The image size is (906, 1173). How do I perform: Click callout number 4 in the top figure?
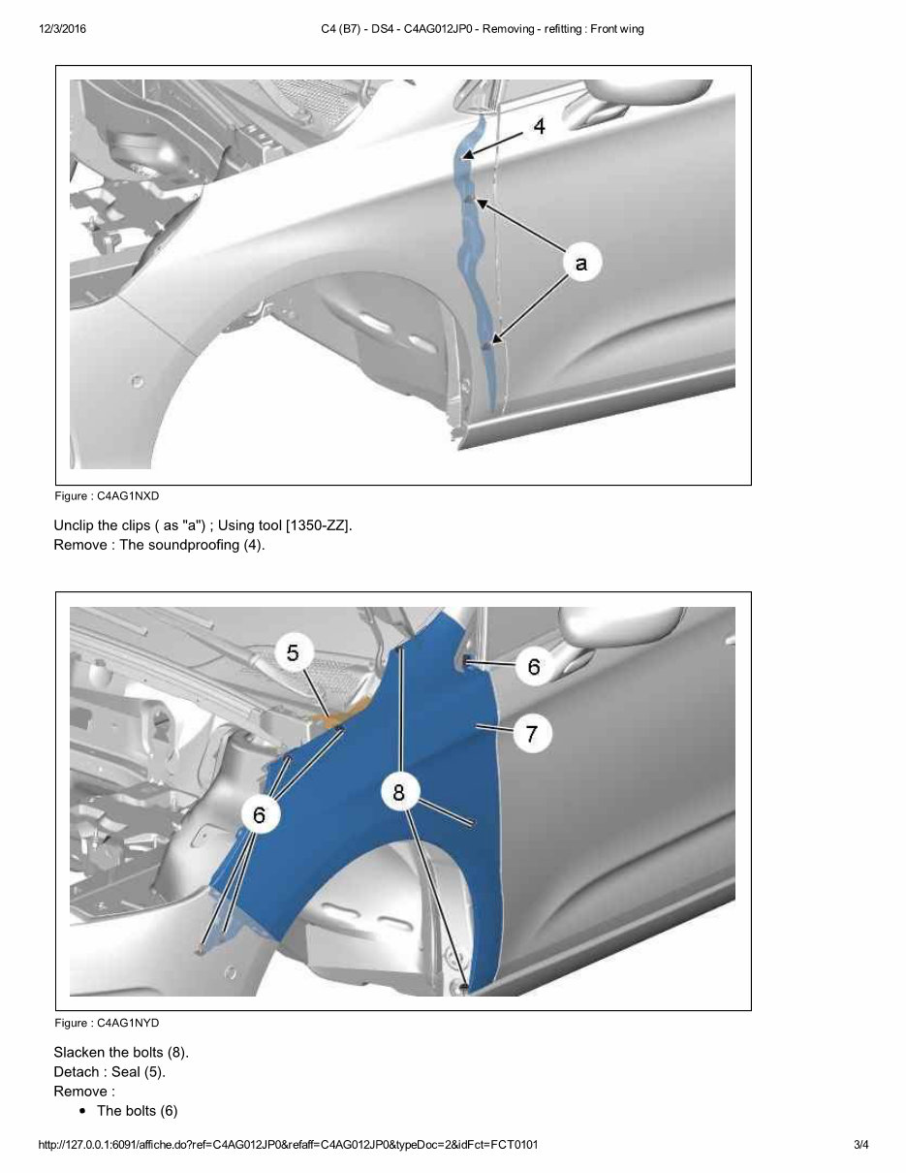pos(539,127)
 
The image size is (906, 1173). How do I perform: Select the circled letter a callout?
pos(580,264)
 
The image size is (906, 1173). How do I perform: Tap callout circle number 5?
pos(293,653)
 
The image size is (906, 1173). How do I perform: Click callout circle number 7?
pos(532,734)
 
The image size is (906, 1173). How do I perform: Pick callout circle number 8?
pos(398,793)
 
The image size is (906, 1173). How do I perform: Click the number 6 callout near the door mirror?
pos(534,667)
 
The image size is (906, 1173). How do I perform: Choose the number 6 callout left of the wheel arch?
pos(259,815)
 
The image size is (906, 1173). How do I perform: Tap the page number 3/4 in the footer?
pos(860,1145)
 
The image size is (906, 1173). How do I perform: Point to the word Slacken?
pos(80,1052)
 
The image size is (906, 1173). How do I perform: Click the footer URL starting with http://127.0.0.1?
pos(288,1145)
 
